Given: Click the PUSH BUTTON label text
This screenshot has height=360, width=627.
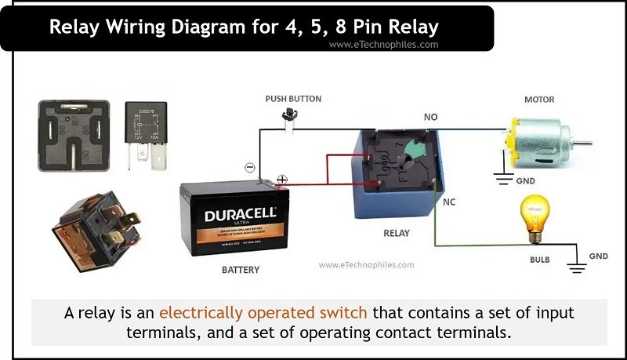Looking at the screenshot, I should click(293, 99).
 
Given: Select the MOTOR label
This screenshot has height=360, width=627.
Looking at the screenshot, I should click(539, 100).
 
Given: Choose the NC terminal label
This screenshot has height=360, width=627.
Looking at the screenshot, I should click(449, 202).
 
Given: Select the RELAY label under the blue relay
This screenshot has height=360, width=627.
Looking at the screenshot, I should click(397, 233).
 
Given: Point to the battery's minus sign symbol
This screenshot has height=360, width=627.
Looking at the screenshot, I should click(249, 167).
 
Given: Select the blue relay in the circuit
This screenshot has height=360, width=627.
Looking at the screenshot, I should click(396, 173).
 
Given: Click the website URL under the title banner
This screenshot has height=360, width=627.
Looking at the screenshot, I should click(383, 45).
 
